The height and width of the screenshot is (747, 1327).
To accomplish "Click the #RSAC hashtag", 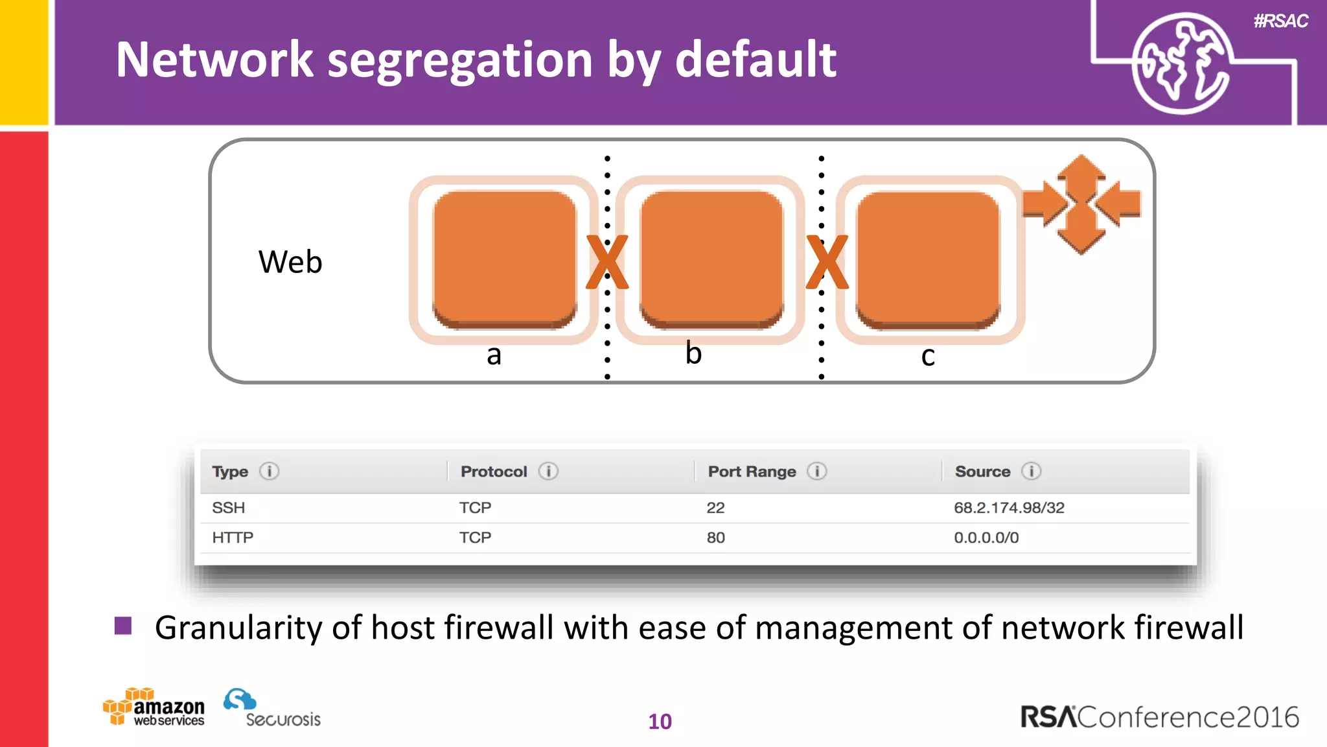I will (1280, 21).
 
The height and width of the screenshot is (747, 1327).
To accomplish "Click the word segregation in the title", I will (460, 60).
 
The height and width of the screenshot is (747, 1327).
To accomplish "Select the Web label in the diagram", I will (290, 262).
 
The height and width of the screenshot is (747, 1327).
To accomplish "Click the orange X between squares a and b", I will (607, 262).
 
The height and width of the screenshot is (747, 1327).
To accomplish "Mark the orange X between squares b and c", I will (827, 262).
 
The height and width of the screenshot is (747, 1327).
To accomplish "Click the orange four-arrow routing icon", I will (1081, 204).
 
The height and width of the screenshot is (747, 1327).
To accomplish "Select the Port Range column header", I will (752, 471).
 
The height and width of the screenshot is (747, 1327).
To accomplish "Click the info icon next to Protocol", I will (548, 471).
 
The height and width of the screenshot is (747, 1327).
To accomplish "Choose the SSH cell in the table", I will (229, 508).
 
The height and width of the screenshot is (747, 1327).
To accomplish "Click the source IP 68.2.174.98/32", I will (1009, 508).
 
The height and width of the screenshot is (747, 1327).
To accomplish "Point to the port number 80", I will (715, 538).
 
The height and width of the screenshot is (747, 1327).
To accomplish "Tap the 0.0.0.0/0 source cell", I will (986, 538).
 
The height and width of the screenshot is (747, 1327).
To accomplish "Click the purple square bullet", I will (123, 626).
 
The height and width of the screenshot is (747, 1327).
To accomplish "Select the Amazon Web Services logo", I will (154, 707).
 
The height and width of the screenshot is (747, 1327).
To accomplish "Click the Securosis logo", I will (272, 709).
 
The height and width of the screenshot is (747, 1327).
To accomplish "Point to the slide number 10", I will (660, 722).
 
